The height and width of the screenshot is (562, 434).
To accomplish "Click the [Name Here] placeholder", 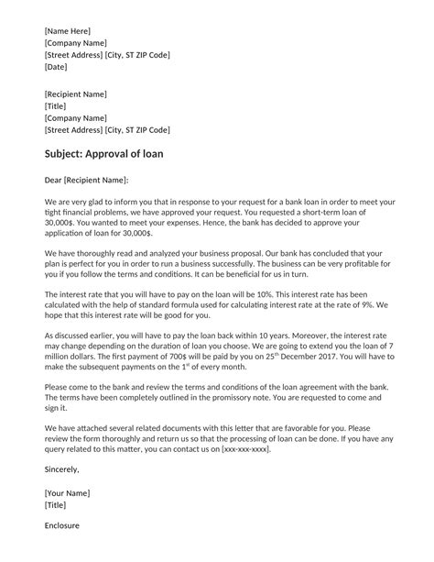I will click(67, 31).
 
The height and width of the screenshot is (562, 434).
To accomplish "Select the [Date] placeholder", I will click(56, 67).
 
